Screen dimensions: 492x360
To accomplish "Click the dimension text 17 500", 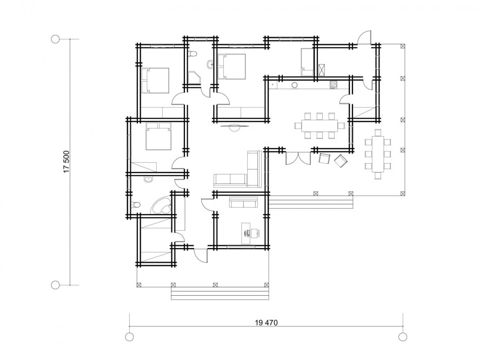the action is pyautogui.click(x=66, y=162).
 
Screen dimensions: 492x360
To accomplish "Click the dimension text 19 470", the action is pyautogui.click(x=267, y=322).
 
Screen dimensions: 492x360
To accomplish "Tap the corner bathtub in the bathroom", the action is pyautogui.click(x=161, y=206).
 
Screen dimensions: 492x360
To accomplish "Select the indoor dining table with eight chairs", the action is pyautogui.click(x=320, y=125).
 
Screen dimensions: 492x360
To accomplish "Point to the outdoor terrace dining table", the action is pyautogui.click(x=378, y=154).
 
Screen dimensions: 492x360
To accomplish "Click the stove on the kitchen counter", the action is pyautogui.click(x=333, y=85).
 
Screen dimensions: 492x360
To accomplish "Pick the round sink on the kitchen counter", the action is pyautogui.click(x=295, y=85).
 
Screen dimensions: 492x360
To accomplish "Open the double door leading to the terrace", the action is pyautogui.click(x=298, y=158).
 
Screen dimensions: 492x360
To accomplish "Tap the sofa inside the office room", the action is pyautogui.click(x=243, y=202).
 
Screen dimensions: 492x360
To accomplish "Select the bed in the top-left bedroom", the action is pyautogui.click(x=155, y=81).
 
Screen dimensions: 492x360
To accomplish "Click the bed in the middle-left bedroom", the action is pyautogui.click(x=159, y=136).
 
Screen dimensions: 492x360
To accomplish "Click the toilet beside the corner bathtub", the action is pyautogui.click(x=135, y=205).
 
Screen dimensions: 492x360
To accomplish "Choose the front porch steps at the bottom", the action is pyautogui.click(x=220, y=294).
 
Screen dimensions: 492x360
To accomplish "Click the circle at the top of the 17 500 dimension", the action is pyautogui.click(x=55, y=39).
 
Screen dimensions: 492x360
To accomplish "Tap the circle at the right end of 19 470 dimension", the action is pyautogui.click(x=403, y=337).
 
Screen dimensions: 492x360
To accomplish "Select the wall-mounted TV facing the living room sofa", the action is pyautogui.click(x=234, y=127).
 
